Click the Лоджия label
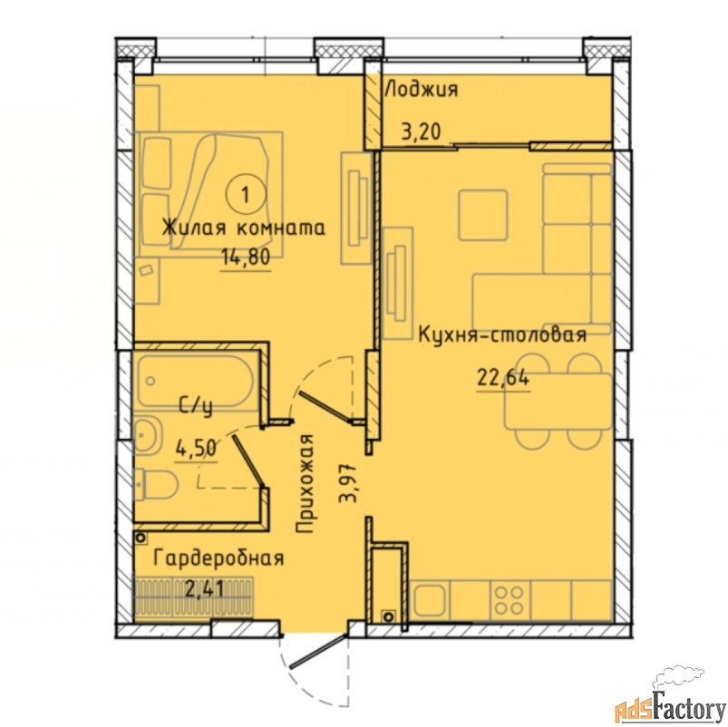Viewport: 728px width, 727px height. click(x=422, y=89)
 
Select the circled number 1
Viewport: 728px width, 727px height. click(x=246, y=195)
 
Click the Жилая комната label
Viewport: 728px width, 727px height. click(x=243, y=228)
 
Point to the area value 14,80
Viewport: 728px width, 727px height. click(x=246, y=257)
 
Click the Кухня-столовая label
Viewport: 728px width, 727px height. click(x=502, y=334)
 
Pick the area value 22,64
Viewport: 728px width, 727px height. click(x=503, y=378)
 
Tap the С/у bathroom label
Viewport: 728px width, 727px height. click(x=196, y=408)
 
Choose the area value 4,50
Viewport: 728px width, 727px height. click(x=196, y=448)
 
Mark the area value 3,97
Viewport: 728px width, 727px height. click(x=348, y=483)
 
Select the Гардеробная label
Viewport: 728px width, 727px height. click(x=218, y=558)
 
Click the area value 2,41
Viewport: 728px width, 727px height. click(x=205, y=589)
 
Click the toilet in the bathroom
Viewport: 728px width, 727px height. click(x=157, y=485)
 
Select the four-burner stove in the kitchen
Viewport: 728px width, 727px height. click(x=510, y=600)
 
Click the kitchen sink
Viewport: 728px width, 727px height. click(x=430, y=600)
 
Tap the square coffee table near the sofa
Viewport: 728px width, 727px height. click(x=483, y=215)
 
